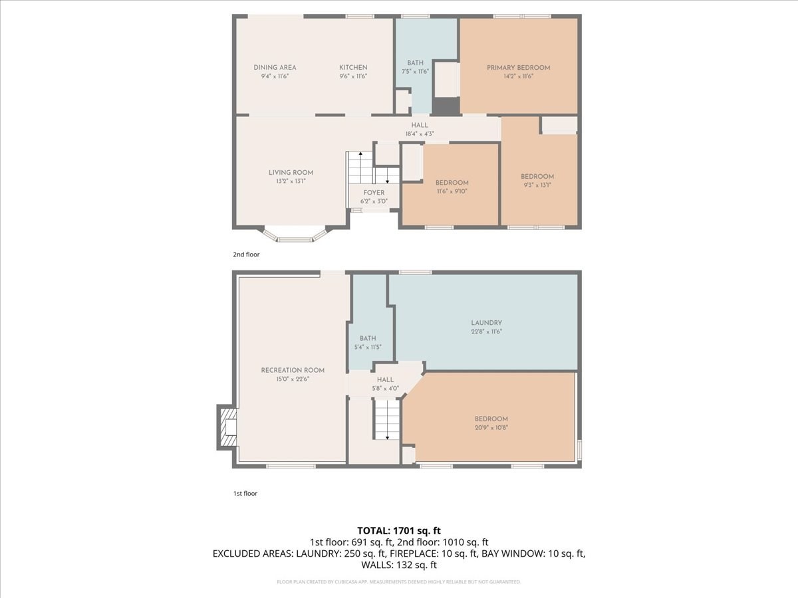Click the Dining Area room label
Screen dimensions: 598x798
pos(275,67)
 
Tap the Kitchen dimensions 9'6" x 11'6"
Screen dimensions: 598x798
pos(353,76)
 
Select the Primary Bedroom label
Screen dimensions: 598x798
pos(518,67)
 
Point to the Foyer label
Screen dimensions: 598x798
pos(373,193)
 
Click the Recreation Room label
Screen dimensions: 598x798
pos(293,370)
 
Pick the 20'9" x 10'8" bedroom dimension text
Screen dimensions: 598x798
pos(491,428)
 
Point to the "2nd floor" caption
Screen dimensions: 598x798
pos(246,254)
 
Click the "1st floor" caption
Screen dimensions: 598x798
pos(245,494)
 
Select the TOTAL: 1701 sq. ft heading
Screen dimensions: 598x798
pos(399,530)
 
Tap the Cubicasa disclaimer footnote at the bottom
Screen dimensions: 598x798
pos(399,582)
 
